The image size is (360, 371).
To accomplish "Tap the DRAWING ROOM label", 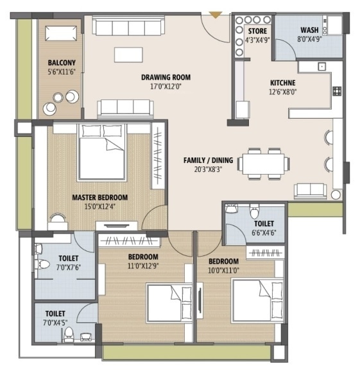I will pos(166,78).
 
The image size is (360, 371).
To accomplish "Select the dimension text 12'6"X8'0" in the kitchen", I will pos(282,92).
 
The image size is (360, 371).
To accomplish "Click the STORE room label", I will pos(258,30).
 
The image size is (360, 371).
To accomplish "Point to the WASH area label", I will pos(309,30).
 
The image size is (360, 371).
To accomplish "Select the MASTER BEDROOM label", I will pos(99,198).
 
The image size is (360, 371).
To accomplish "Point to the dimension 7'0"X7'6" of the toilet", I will pos(69,266).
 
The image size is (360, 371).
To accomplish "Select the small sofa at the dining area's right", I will pos(310,189).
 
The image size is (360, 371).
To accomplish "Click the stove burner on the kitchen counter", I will pos(336,91).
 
